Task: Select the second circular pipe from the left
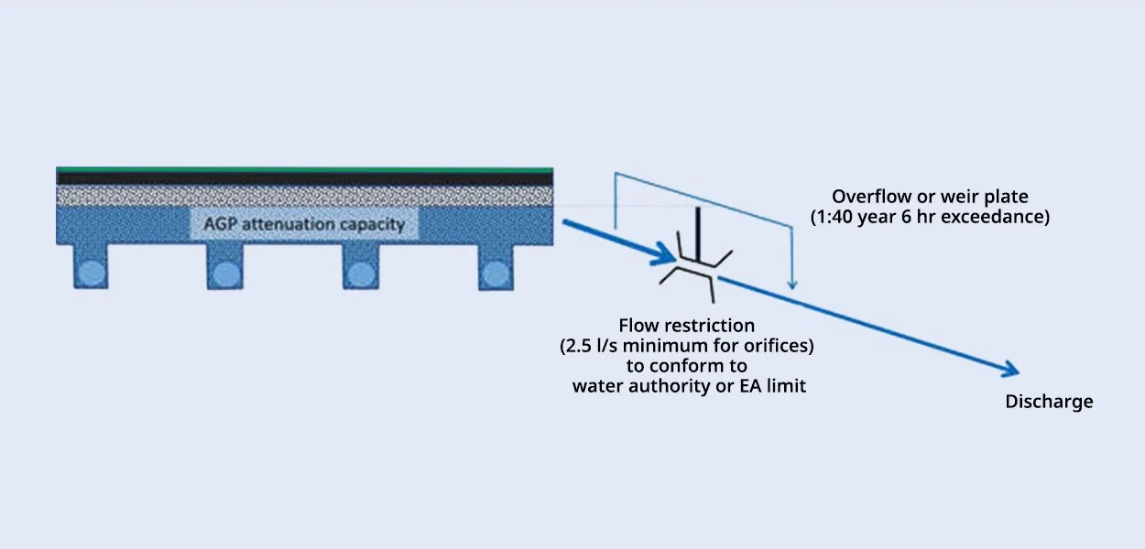[224, 273]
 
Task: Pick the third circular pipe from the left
[359, 273]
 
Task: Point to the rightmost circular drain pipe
[495, 273]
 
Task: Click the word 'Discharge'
[1049, 402]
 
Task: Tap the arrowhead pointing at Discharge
[1009, 370]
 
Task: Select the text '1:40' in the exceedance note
[830, 218]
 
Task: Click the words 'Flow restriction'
[687, 326]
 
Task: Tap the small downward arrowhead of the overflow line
[793, 285]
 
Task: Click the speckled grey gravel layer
[304, 195]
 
